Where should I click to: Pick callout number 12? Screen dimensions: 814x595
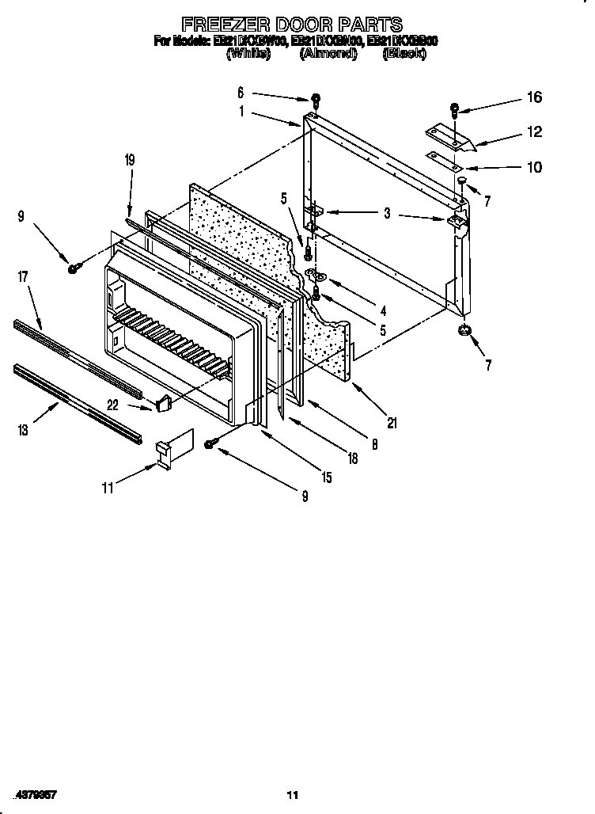tap(535, 132)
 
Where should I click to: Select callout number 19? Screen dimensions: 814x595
tap(130, 161)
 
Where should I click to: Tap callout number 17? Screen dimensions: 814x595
tap(22, 277)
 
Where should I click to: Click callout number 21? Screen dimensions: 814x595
tap(392, 422)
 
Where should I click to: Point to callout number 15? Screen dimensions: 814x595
tap(326, 477)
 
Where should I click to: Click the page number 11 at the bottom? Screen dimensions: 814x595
tap(293, 795)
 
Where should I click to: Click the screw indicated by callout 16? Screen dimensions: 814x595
tap(455, 109)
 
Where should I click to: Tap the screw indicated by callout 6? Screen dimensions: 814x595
tap(316, 101)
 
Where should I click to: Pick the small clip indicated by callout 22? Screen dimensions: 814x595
tap(164, 404)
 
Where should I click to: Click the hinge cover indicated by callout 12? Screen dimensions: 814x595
tap(450, 140)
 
